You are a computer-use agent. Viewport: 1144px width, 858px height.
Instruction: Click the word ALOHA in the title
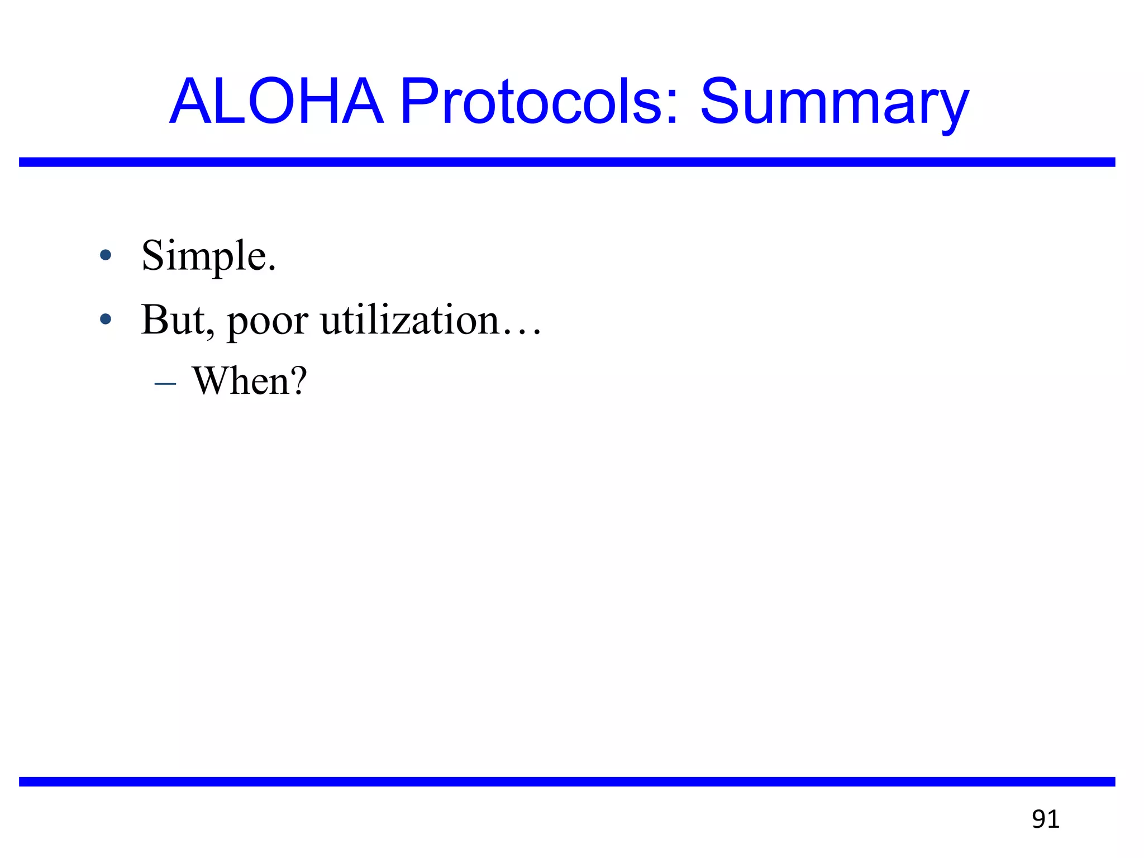click(x=277, y=102)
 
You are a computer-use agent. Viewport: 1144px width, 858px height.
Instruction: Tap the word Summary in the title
click(x=834, y=103)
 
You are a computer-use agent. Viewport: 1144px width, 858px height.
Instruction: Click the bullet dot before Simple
click(x=105, y=256)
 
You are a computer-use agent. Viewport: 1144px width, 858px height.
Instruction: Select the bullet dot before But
click(x=105, y=320)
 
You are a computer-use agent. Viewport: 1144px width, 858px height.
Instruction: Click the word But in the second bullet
click(x=173, y=320)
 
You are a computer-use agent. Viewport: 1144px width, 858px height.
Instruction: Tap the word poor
click(x=267, y=321)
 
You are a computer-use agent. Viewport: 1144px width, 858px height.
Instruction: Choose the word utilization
click(x=409, y=320)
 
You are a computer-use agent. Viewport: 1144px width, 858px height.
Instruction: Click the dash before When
click(x=165, y=384)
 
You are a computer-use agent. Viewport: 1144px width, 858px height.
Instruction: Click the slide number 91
click(x=1045, y=819)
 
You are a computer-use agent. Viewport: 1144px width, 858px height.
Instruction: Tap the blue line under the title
click(x=567, y=162)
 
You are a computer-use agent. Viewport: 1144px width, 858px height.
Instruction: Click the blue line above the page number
click(x=567, y=781)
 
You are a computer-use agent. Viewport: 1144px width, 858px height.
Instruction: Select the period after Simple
click(x=271, y=269)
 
